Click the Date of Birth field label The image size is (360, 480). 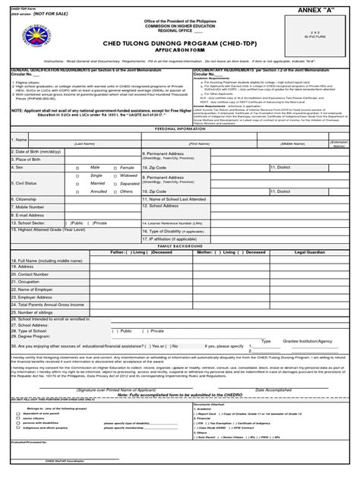click(34, 152)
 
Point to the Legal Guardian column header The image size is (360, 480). click(309, 253)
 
